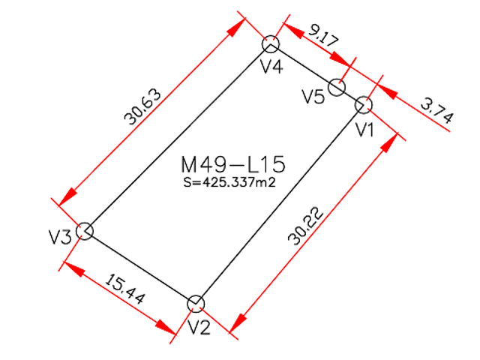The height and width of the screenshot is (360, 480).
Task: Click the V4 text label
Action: pyautogui.click(x=271, y=65)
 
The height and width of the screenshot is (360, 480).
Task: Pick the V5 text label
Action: pyautogui.click(x=313, y=96)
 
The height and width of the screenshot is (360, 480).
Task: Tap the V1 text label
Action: pyautogui.click(x=365, y=130)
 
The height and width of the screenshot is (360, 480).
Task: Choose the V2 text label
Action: pyautogui.click(x=199, y=327)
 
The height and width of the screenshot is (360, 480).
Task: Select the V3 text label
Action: pyautogui.click(x=60, y=236)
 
